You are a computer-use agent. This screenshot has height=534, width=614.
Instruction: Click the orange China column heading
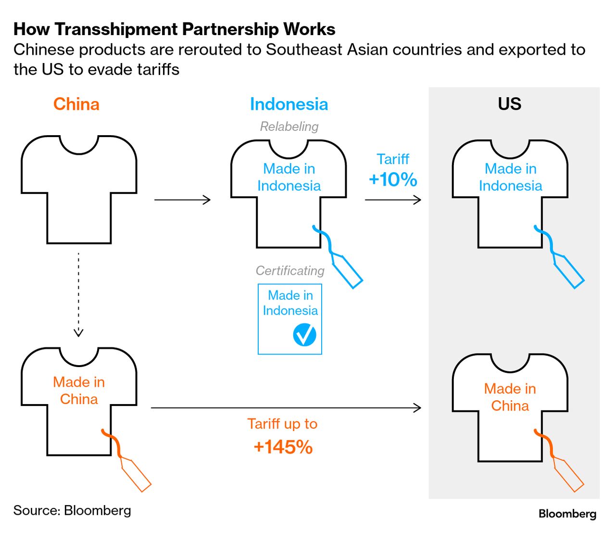76,104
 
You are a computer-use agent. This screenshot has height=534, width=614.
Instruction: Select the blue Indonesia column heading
288,104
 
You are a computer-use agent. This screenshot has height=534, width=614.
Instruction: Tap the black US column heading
509,104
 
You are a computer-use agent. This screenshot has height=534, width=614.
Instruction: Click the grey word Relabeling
289,127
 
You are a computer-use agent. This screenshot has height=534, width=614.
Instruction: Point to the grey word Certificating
290,271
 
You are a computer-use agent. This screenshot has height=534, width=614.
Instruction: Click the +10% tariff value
393,179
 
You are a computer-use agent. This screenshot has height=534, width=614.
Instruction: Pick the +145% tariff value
283,447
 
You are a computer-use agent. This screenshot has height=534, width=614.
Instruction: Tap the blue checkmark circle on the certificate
304,335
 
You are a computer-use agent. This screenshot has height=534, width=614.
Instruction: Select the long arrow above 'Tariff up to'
286,408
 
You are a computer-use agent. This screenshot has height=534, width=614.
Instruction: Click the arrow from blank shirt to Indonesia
182,200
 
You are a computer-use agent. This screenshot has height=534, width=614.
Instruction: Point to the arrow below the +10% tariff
393,200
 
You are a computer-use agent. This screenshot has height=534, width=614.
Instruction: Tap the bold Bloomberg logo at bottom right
567,514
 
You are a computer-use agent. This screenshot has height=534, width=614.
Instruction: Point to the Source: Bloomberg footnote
72,510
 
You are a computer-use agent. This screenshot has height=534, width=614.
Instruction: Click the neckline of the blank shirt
79,146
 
